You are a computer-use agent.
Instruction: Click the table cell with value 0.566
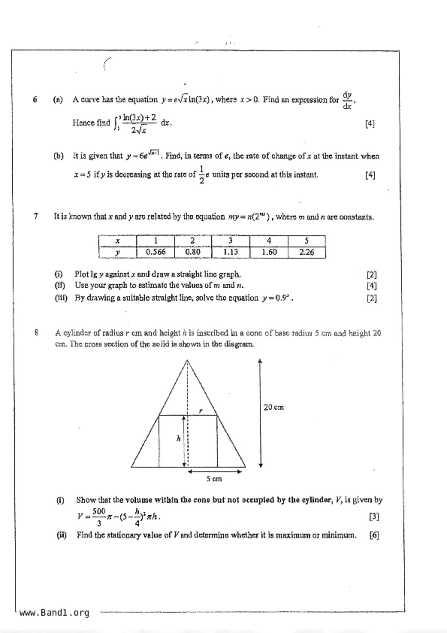(x=155, y=252)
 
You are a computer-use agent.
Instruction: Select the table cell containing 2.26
(x=307, y=252)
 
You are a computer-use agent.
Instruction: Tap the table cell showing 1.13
(x=231, y=252)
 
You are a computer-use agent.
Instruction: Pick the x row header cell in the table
(x=118, y=241)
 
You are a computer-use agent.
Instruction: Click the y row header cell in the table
(x=118, y=252)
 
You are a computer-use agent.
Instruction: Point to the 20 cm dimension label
(x=273, y=407)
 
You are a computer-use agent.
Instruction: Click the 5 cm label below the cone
(x=214, y=479)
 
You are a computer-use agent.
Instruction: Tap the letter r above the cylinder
(x=201, y=410)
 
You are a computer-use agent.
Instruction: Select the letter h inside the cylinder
(x=178, y=438)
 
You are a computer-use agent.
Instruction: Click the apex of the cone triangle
(x=187, y=360)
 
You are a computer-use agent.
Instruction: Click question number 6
(x=35, y=99)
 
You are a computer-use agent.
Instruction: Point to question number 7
(x=35, y=217)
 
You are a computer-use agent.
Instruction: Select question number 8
(x=36, y=333)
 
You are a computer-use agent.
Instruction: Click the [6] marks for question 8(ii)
(x=374, y=535)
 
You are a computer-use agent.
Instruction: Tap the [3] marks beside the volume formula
(x=374, y=516)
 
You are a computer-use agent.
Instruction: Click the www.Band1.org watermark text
(x=54, y=613)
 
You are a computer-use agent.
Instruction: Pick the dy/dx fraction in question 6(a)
(x=347, y=100)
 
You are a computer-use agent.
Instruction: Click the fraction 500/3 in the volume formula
(x=98, y=517)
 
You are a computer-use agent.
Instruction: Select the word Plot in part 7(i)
(x=81, y=274)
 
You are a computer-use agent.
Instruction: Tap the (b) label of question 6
(x=58, y=156)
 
